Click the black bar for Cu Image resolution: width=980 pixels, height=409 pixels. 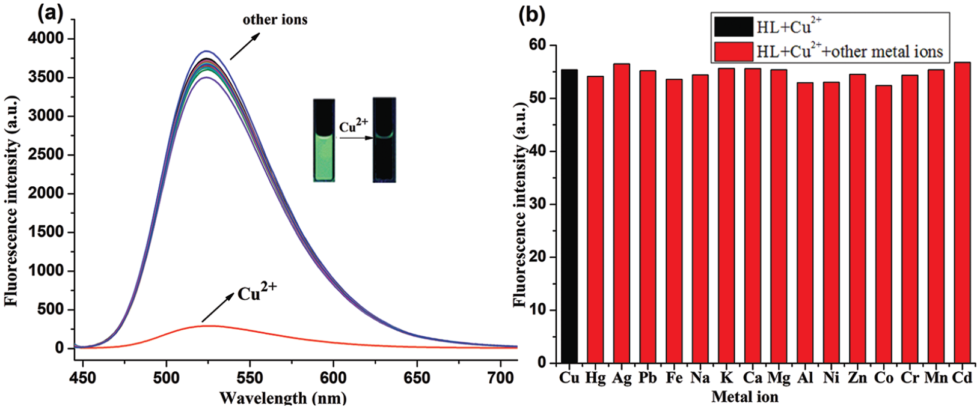coord(568,216)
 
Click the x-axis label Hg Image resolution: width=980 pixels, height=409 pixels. coord(595,378)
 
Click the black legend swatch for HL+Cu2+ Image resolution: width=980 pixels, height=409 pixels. coord(733,27)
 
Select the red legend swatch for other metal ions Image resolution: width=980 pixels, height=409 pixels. coord(733,52)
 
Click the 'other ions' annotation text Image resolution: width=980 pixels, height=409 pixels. coord(275,20)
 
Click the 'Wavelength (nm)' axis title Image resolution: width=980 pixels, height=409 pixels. coord(283,398)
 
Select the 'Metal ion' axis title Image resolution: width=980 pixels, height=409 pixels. coord(744,397)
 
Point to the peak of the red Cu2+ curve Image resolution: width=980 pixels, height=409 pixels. coord(207,326)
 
